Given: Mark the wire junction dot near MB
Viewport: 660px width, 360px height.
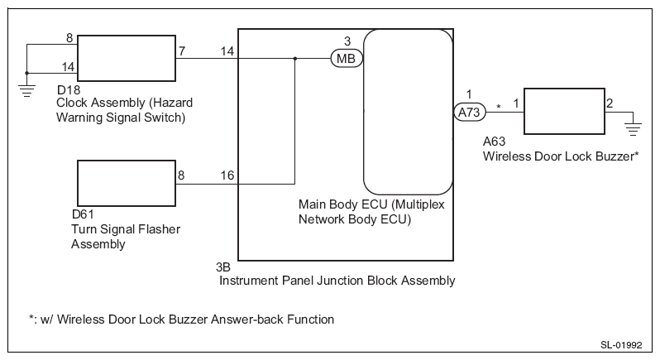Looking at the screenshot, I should pos(295,59).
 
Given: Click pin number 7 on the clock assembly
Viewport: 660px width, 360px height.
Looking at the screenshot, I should pos(181,50).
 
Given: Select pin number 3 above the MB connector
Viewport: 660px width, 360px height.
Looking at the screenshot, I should pos(347,41).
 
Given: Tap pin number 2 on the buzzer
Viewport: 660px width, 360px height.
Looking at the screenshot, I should pos(610,103).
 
